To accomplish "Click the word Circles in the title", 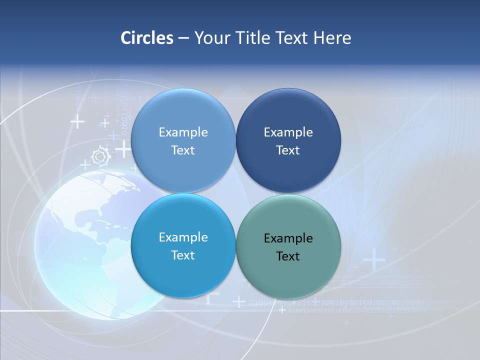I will [146, 38].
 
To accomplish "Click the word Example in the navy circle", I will [288, 132].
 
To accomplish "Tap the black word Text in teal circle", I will [288, 256].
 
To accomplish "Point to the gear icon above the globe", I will [101, 156].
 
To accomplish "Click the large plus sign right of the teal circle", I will [374, 260].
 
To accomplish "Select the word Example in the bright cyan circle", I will [183, 237].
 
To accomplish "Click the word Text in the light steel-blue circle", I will [183, 150].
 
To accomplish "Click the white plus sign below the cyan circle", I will [239, 301].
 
